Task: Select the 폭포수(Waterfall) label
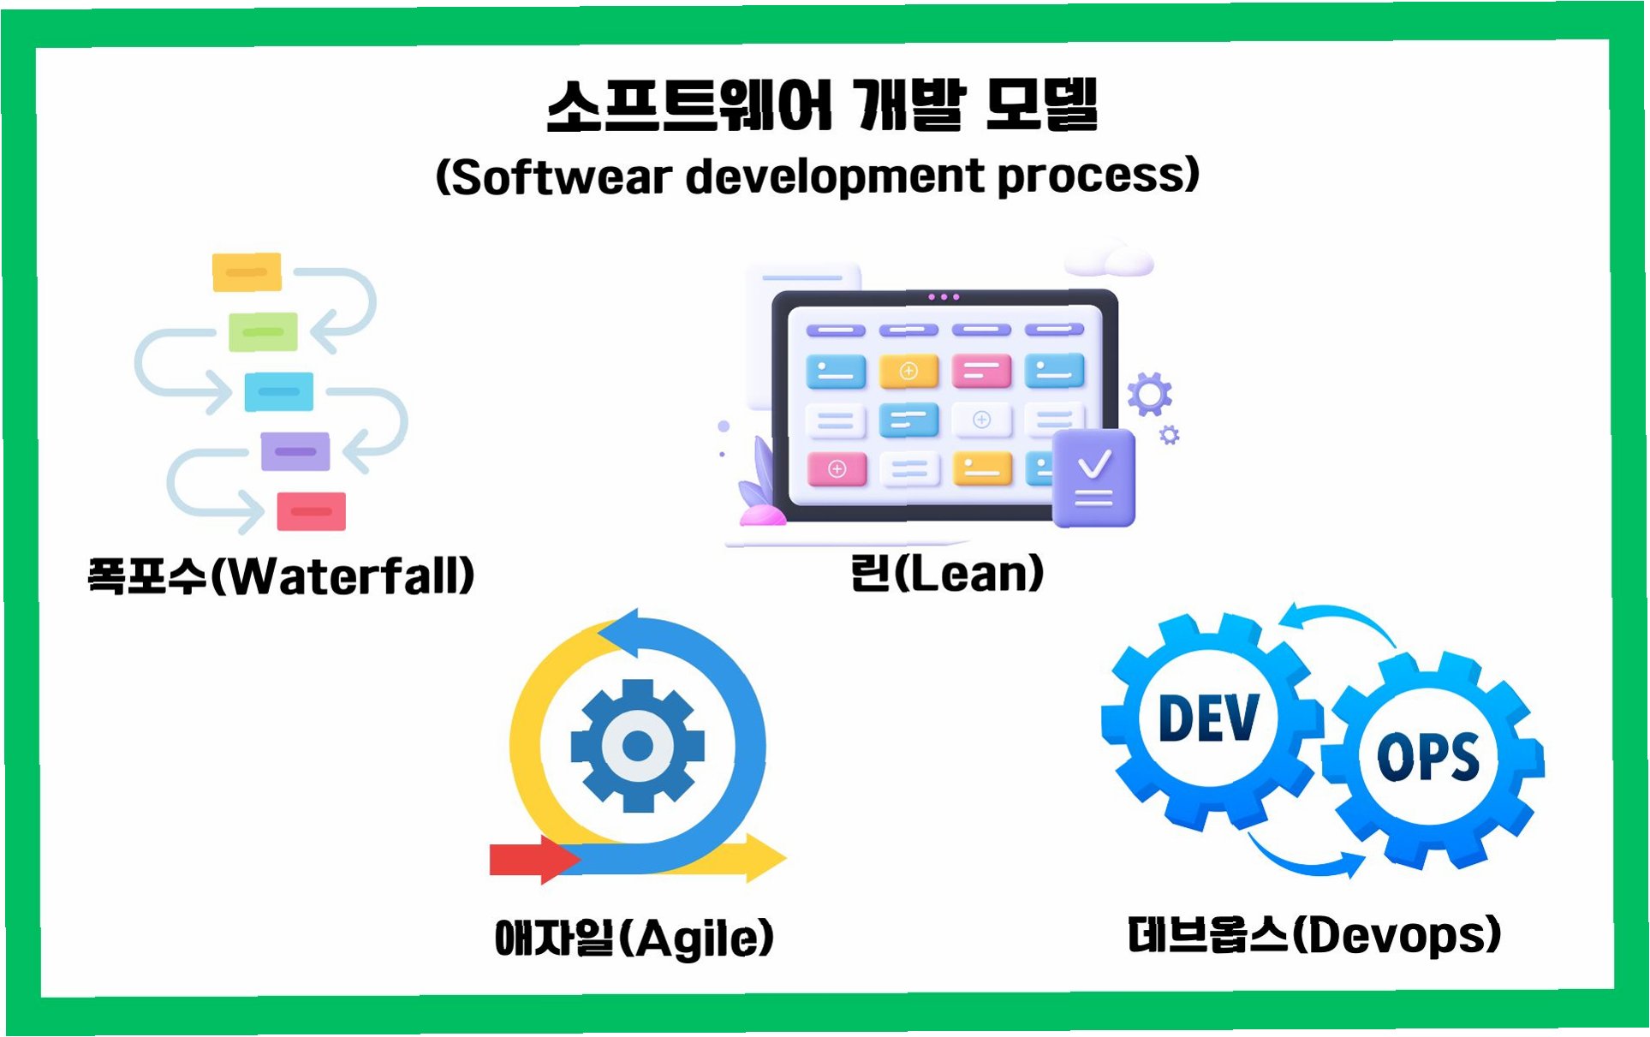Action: click(x=281, y=575)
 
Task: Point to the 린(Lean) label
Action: click(x=946, y=573)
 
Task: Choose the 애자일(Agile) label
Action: click(x=634, y=938)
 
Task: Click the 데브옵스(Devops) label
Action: click(x=1313, y=934)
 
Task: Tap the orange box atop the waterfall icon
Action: click(x=247, y=272)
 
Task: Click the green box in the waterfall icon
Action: click(x=263, y=332)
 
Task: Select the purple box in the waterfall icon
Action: click(x=295, y=451)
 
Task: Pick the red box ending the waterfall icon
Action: click(x=311, y=511)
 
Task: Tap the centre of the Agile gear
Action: click(x=637, y=746)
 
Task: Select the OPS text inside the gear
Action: click(x=1427, y=757)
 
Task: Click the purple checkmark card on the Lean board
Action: click(x=1093, y=478)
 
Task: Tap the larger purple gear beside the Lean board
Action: click(x=1149, y=394)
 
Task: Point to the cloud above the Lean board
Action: click(x=1111, y=259)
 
